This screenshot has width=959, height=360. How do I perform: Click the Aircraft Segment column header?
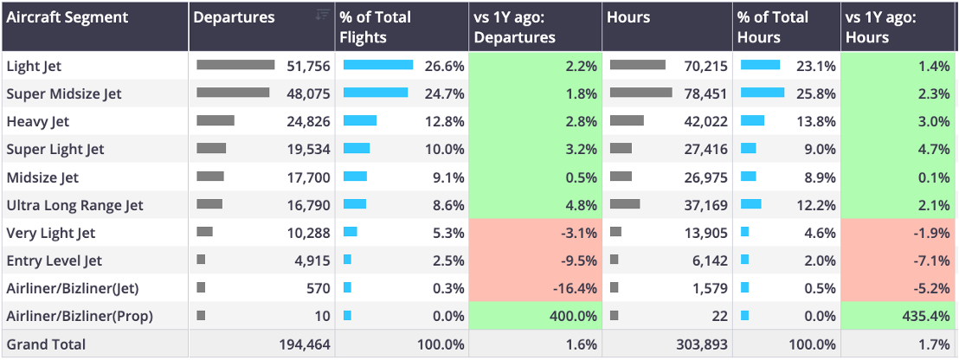pyautogui.click(x=68, y=17)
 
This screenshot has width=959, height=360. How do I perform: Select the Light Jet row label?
pyautogui.click(x=34, y=66)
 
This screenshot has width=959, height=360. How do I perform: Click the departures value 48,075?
pyautogui.click(x=308, y=93)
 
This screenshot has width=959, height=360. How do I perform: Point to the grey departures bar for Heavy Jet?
pyautogui.click(x=216, y=120)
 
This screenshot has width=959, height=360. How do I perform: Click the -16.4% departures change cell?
pyautogui.click(x=535, y=288)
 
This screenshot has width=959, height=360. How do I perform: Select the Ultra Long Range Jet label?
pyautogui.click(x=74, y=205)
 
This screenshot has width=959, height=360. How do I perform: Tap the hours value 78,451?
pyautogui.click(x=705, y=93)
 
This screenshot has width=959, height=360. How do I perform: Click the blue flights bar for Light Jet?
pyautogui.click(x=378, y=65)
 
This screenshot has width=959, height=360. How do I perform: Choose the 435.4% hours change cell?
pyautogui.click(x=900, y=316)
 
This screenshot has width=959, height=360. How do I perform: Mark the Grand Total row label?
pyautogui.click(x=46, y=344)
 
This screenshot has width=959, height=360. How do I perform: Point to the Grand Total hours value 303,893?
pyautogui.click(x=702, y=344)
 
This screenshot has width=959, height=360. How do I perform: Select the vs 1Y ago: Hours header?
pyautogui.click(x=880, y=27)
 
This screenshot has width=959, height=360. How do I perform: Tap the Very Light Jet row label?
pyautogui.click(x=51, y=233)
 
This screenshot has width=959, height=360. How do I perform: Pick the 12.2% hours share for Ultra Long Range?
pyautogui.click(x=817, y=205)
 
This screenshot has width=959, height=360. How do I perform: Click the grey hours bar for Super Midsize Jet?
pyautogui.click(x=641, y=93)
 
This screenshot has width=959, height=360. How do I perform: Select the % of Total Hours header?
pyautogui.click(x=773, y=27)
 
